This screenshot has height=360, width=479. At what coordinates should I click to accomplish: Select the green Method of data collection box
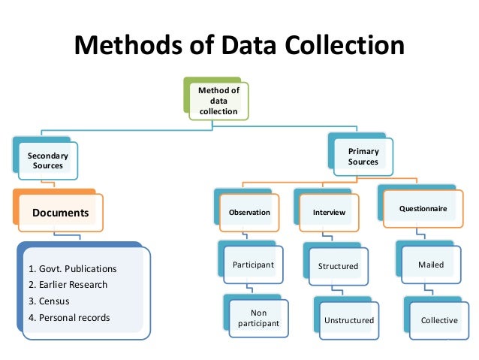coord(218,100)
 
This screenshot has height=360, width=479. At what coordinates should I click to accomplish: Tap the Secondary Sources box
coord(47,160)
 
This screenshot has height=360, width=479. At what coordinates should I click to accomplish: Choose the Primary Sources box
coord(363,156)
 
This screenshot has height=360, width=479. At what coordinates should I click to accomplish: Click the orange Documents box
coord(60,213)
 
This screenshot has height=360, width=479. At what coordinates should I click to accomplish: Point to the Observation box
coord(249,212)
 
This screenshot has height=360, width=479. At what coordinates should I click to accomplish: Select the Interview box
coord(329,212)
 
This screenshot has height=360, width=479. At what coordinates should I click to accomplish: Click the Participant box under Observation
coord(253,265)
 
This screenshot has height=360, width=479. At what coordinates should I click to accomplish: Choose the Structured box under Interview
coord(338,266)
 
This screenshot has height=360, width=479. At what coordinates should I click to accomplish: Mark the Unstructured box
coord(348,321)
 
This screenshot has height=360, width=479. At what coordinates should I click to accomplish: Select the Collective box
coord(438,320)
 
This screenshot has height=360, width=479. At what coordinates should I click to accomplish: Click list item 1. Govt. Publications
coord(72,268)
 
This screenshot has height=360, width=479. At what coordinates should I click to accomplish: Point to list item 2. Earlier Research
coord(68,285)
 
